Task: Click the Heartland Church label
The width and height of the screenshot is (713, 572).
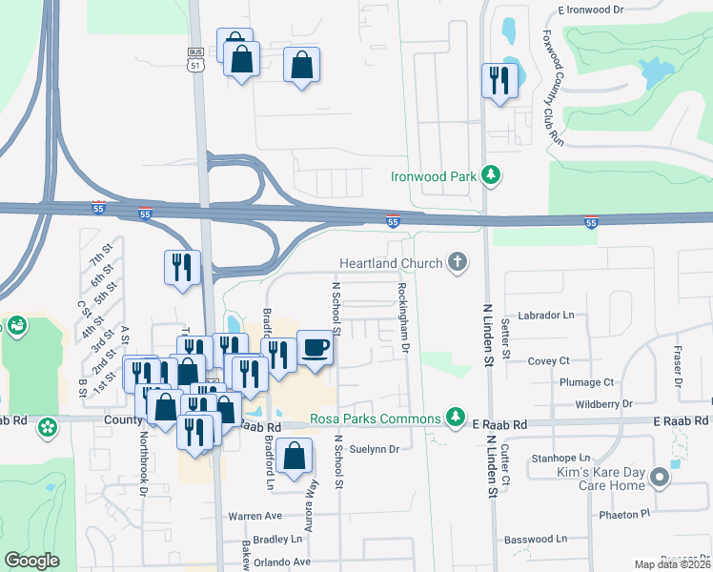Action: pos(392,263)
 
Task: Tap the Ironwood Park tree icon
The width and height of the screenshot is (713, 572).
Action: pos(491,175)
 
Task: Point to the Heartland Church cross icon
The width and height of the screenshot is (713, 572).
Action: pos(458,262)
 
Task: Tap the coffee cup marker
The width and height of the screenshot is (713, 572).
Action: pos(316,348)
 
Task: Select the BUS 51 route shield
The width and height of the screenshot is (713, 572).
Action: pos(196,60)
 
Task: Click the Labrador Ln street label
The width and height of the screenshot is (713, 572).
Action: pos(546,315)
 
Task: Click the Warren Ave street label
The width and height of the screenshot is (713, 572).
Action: pos(255,516)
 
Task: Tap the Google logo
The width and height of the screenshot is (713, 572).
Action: pos(31,560)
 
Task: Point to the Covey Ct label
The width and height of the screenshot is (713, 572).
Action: pos(548,361)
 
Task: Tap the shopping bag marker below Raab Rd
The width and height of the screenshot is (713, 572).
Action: pos(296,458)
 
